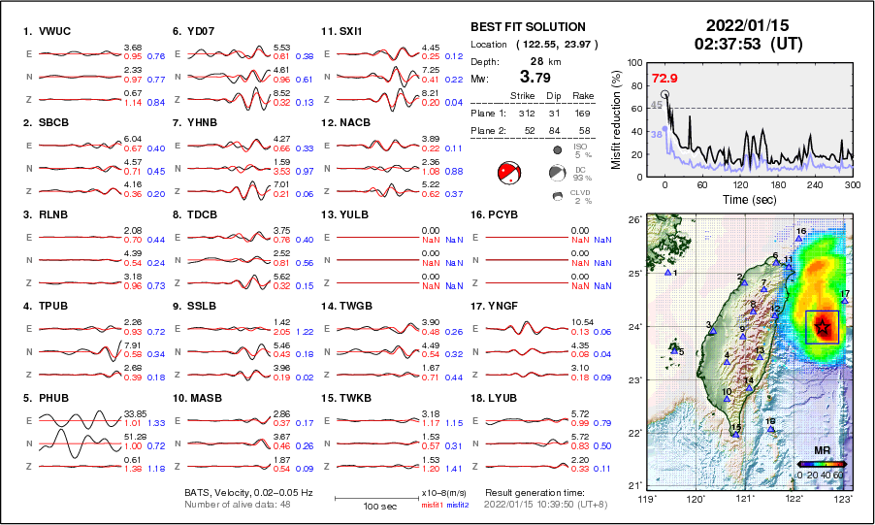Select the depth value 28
[x=536, y=60]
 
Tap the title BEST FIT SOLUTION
[x=528, y=27]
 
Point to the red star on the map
[x=823, y=327]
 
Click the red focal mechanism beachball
[x=509, y=174]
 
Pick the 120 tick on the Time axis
[x=740, y=184]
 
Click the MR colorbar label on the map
[x=819, y=451]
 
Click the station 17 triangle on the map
[x=845, y=302]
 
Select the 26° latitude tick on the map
[x=632, y=220]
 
